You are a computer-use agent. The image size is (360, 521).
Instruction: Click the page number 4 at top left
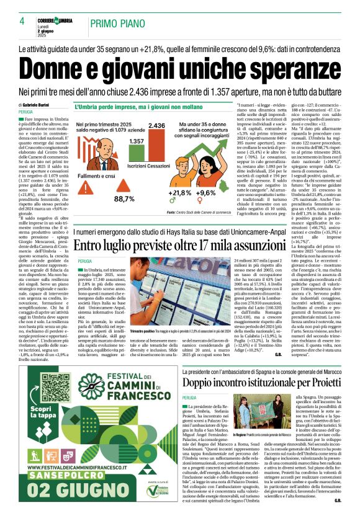coord(22,22)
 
